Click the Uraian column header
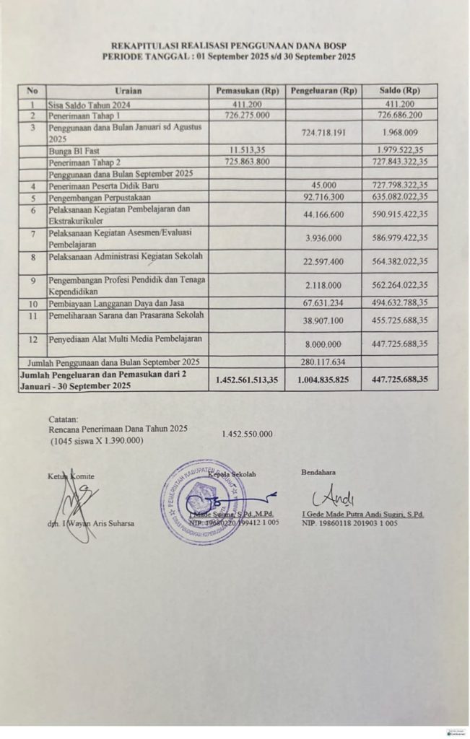pyautogui.click(x=128, y=91)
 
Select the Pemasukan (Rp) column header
pyautogui.click(x=248, y=91)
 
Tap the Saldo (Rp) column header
pyautogui.click(x=401, y=91)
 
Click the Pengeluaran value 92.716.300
pyautogui.click(x=323, y=197)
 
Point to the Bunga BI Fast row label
pyautogui.click(x=69, y=150)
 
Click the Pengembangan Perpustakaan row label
pyautogui.click(x=97, y=197)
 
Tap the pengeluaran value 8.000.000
pyautogui.click(x=323, y=344)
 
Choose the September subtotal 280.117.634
pyautogui.click(x=323, y=362)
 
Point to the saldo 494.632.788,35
pyautogui.click(x=400, y=303)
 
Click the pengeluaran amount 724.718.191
pyautogui.click(x=323, y=133)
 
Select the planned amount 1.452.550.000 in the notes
pyautogui.click(x=248, y=434)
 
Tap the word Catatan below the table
pyautogui.click(x=64, y=419)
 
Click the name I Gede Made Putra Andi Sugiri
pyautogui.click(x=362, y=514)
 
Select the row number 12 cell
pyautogui.click(x=32, y=339)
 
